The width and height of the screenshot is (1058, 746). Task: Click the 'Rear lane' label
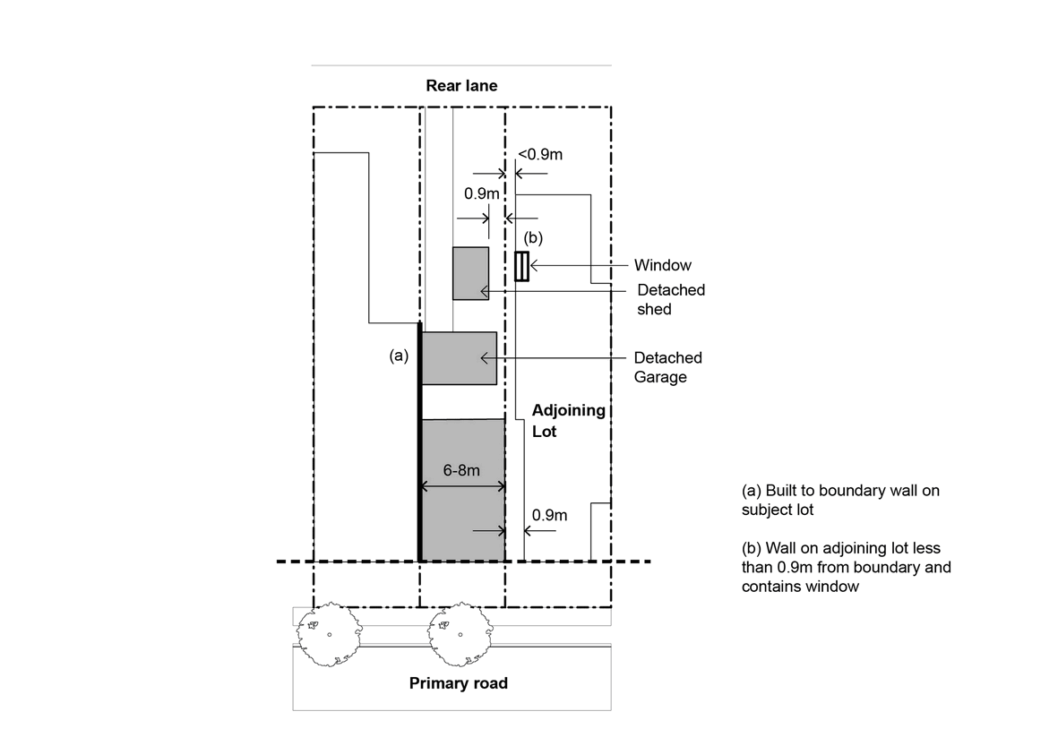coord(461,86)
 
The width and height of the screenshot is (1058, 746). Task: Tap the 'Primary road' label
coord(458,683)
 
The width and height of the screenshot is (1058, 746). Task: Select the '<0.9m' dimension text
coord(540,154)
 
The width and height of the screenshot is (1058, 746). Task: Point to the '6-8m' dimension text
coord(462,469)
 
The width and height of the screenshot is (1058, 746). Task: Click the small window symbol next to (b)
coord(521,266)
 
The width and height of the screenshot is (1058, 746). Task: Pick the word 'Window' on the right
coord(662,265)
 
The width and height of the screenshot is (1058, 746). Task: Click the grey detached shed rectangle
coord(470,273)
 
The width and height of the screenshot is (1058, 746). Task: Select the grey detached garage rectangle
coord(459,358)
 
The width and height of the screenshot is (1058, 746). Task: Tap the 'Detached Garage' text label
coord(667,367)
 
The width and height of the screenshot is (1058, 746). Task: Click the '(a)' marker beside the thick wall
coord(399,356)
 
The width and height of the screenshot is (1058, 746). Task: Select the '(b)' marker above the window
coord(533,238)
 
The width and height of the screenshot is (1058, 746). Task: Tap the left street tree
coord(328,634)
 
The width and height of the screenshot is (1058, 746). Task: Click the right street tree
coord(460,634)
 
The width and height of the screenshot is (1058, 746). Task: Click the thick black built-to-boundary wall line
coord(420,448)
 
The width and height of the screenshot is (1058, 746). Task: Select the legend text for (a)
coord(840,500)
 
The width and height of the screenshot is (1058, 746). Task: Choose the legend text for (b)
coord(846,567)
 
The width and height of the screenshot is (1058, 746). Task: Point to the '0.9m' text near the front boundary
coord(549,515)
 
